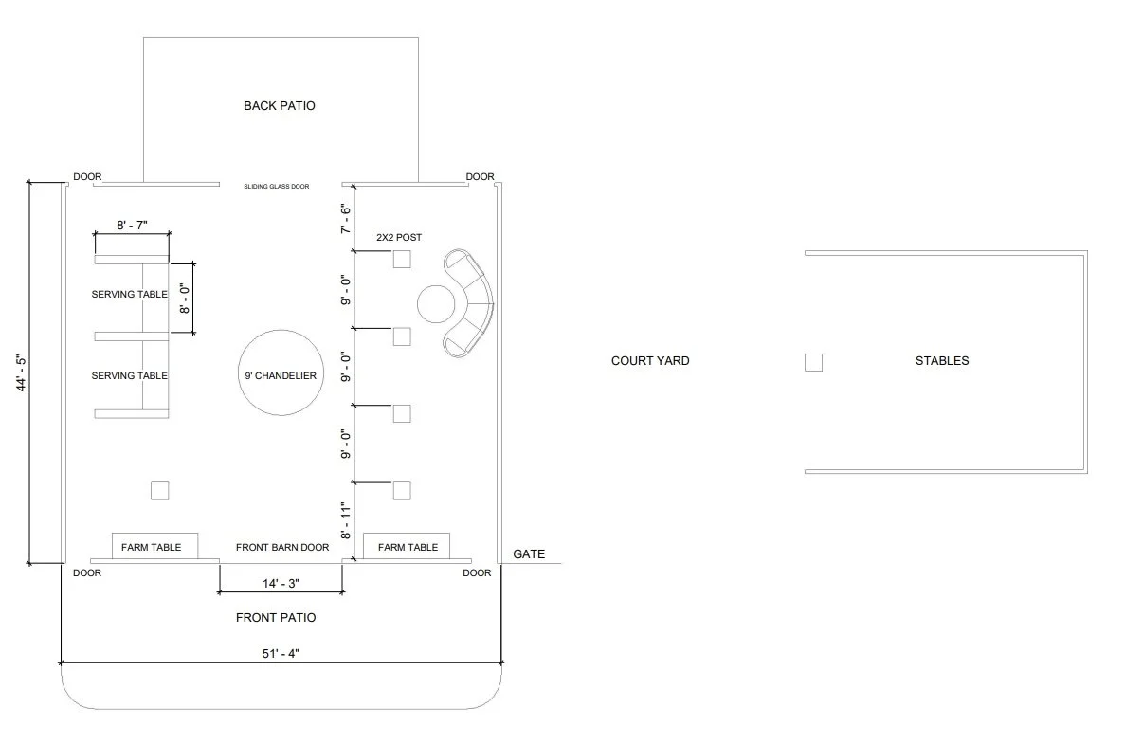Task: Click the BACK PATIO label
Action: coord(279,106)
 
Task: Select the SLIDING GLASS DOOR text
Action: coord(277,187)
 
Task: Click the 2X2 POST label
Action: coord(399,237)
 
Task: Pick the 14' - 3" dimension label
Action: coord(282,583)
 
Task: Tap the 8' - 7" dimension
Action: coord(133,225)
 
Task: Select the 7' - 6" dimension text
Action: coord(346,219)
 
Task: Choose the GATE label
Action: coord(529,553)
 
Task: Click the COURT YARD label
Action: coord(650,361)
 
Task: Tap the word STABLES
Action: coord(942,361)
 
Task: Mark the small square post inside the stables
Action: coord(813,362)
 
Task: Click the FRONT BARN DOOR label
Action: coord(282,547)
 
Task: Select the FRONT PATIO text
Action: coord(276,618)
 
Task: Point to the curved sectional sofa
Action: coord(475,304)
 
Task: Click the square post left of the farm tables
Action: coord(160,491)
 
